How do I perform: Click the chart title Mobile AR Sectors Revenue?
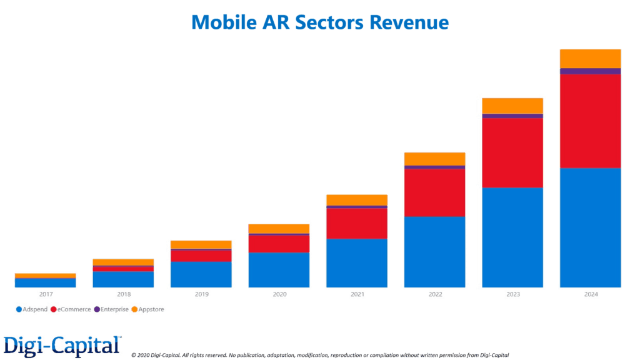click(320, 22)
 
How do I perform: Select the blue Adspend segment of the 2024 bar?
click(590, 227)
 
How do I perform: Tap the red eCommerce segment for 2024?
click(590, 121)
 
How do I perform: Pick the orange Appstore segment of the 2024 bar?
click(590, 58)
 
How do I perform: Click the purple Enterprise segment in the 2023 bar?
click(512, 116)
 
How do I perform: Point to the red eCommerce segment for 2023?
click(512, 152)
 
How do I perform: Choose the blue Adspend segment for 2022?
click(434, 252)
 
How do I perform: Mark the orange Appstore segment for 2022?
click(434, 159)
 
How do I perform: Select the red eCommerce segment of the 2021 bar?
click(357, 223)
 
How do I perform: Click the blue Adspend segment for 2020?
click(279, 269)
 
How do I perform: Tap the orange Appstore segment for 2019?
click(201, 244)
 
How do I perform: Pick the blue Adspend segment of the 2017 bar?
click(46, 282)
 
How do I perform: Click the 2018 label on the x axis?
click(123, 294)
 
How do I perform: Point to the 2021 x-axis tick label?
click(357, 294)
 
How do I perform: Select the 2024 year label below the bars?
click(590, 294)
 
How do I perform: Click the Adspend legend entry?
click(32, 309)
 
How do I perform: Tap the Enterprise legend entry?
click(112, 309)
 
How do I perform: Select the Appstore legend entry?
click(148, 309)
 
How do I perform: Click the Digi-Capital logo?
click(61, 346)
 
